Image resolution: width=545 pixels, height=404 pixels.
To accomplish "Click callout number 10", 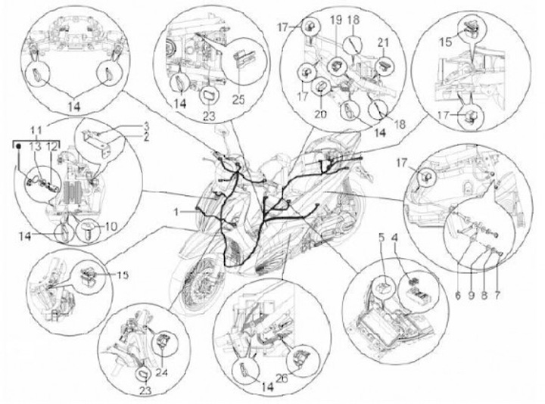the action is coord(112,226).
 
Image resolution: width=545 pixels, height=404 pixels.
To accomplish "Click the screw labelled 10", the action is coord(91,226).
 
